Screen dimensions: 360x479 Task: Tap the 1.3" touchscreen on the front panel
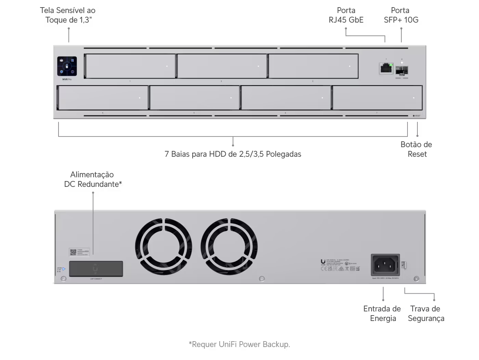pos(67,66)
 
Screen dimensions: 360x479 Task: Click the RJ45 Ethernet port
pos(386,68)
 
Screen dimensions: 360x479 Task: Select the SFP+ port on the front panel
pos(402,71)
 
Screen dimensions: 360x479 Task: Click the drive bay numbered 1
pos(130,66)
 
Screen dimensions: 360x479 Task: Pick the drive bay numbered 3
pos(313,66)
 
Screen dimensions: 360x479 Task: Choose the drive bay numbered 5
pos(194,98)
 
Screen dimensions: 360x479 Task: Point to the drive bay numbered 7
pos(377,98)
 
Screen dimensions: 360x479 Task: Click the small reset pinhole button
pos(414,116)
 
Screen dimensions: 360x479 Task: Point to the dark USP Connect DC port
pos(96,269)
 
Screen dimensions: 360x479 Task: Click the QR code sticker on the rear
pos(73,253)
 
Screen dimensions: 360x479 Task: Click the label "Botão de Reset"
pos(416,149)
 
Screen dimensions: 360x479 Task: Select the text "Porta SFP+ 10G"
pos(401,15)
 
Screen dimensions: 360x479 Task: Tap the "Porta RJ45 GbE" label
pos(346,15)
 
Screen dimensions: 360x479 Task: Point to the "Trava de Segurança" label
pos(426,313)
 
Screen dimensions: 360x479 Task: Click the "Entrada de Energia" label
pos(382,313)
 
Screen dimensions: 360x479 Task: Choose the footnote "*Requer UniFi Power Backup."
pos(239,344)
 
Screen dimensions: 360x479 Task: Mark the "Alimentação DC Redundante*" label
pos(93,179)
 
